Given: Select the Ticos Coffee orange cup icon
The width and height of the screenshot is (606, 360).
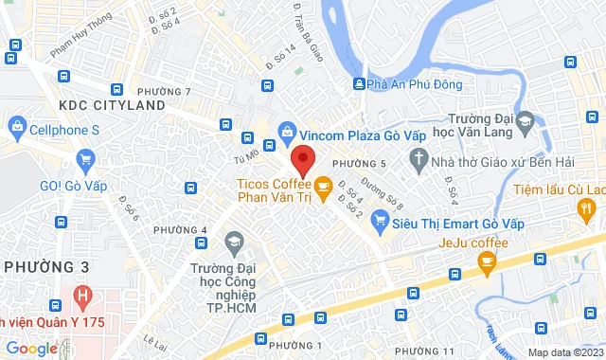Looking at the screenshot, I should click(x=322, y=186).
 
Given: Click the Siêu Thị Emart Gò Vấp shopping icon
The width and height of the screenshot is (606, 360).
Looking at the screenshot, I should click(x=382, y=223).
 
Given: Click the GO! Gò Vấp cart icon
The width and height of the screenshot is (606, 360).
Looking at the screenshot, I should click(x=86, y=159).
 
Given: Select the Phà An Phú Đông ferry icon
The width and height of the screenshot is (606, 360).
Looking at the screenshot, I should click(x=359, y=84).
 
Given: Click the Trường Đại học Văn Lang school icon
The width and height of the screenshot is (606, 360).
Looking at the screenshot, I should click(x=528, y=122).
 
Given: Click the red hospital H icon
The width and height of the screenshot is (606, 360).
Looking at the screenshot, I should click(x=83, y=296).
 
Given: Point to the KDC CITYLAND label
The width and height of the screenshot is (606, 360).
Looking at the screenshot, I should click(x=112, y=104).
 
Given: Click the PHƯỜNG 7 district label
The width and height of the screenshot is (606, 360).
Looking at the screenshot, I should click(x=170, y=91).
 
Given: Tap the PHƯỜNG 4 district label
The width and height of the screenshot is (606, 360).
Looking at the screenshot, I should click(x=180, y=230).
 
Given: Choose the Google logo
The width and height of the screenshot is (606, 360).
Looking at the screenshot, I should click(x=32, y=349).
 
